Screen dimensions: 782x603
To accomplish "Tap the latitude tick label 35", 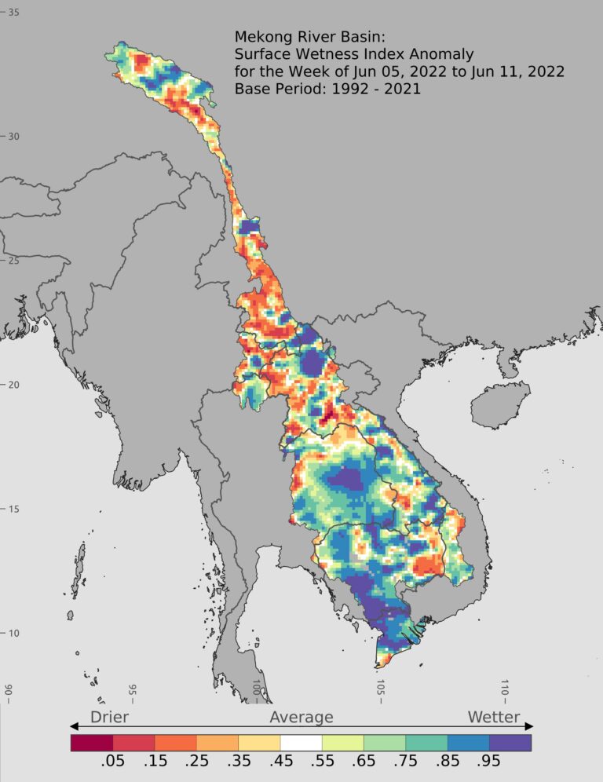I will (13, 13).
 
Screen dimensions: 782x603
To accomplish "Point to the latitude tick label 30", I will (13, 137).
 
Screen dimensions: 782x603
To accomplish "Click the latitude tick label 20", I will (13, 385).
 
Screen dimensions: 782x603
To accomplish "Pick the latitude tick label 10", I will (13, 634).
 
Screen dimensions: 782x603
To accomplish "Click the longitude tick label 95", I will (133, 690).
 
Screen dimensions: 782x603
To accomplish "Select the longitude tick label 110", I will (505, 690).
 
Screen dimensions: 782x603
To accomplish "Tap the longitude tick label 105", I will (381, 690).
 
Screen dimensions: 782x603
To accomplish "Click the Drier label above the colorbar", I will (109, 717).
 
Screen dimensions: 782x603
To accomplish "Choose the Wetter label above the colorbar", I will (493, 717).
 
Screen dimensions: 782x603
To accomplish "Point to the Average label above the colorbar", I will (301, 717).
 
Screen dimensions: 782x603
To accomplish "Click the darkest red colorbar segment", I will (91, 742).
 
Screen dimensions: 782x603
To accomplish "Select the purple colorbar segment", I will (510, 742).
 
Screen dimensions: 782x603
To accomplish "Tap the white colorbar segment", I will (301, 742).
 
